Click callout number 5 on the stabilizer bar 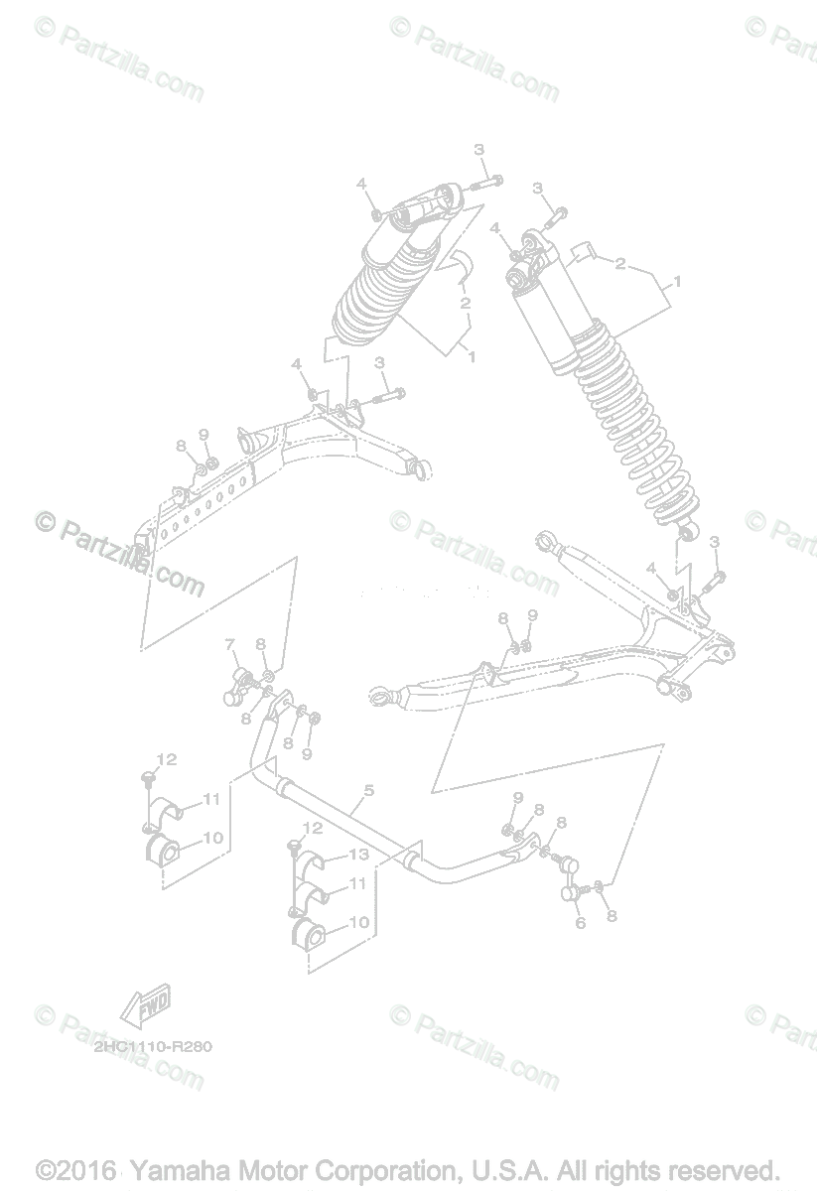[x=368, y=791]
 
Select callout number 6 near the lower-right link [x=581, y=923]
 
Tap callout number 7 [x=229, y=644]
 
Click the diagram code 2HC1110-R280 [x=154, y=1045]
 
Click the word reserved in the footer [x=720, y=1171]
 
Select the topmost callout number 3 [x=478, y=150]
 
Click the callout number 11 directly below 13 [x=357, y=881]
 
